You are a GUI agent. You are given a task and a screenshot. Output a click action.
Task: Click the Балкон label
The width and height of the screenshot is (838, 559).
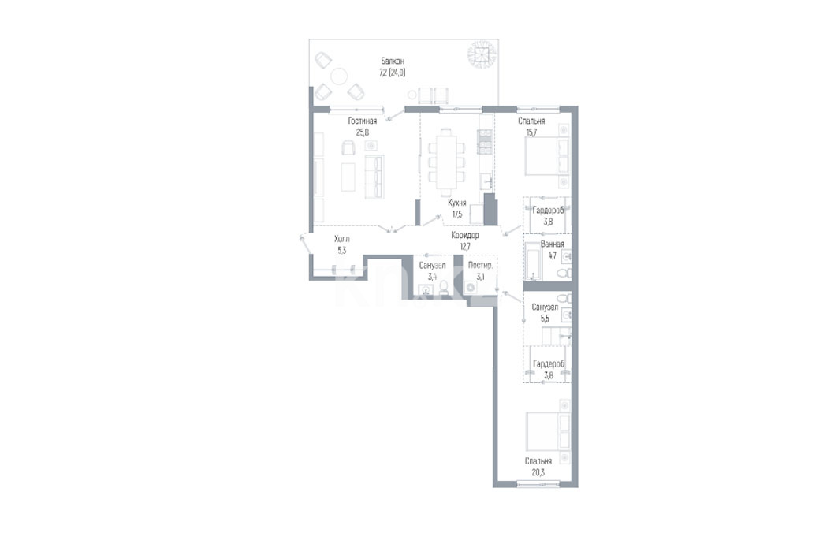pyautogui.click(x=393, y=61)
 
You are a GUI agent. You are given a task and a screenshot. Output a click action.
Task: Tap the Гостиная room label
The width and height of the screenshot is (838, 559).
pyautogui.click(x=363, y=121)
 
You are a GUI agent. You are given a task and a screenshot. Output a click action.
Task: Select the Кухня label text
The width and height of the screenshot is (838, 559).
pyautogui.click(x=457, y=203)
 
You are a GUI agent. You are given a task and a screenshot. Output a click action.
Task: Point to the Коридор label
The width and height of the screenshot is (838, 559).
pyautogui.click(x=465, y=235)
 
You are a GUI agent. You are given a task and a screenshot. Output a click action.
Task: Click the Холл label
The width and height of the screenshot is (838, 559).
pyautogui.click(x=341, y=239)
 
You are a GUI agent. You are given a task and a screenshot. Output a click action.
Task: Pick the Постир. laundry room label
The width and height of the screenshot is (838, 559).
pyautogui.click(x=480, y=266)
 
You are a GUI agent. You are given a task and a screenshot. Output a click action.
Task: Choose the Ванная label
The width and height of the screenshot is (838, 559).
pyautogui.click(x=552, y=244)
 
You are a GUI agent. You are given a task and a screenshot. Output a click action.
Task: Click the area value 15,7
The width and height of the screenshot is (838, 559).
pyautogui.click(x=531, y=132)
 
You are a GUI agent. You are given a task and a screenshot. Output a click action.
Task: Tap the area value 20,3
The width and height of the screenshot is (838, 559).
pyautogui.click(x=538, y=472)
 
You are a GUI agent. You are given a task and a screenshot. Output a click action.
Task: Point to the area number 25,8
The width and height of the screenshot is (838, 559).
pyautogui.click(x=363, y=132)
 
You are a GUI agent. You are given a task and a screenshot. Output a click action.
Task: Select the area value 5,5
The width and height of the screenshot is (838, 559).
pyautogui.click(x=545, y=319)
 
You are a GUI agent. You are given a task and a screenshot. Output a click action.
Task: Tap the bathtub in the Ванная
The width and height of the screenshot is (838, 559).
pyautogui.click(x=533, y=261)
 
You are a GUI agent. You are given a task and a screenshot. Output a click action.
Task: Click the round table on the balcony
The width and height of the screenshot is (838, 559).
pyautogui.click(x=339, y=76)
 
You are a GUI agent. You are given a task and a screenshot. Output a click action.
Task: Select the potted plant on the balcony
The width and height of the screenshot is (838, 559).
pyautogui.click(x=482, y=54)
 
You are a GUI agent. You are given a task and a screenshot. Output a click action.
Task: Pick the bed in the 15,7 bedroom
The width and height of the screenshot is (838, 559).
pyautogui.click(x=547, y=155)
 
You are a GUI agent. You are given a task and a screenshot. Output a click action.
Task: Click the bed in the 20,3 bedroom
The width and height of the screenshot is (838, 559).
pyautogui.click(x=548, y=430)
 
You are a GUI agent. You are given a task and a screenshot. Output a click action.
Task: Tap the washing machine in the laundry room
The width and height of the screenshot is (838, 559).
pyautogui.click(x=471, y=288)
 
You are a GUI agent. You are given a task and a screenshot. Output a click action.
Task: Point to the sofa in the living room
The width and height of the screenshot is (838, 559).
pyautogui.click(x=374, y=177)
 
